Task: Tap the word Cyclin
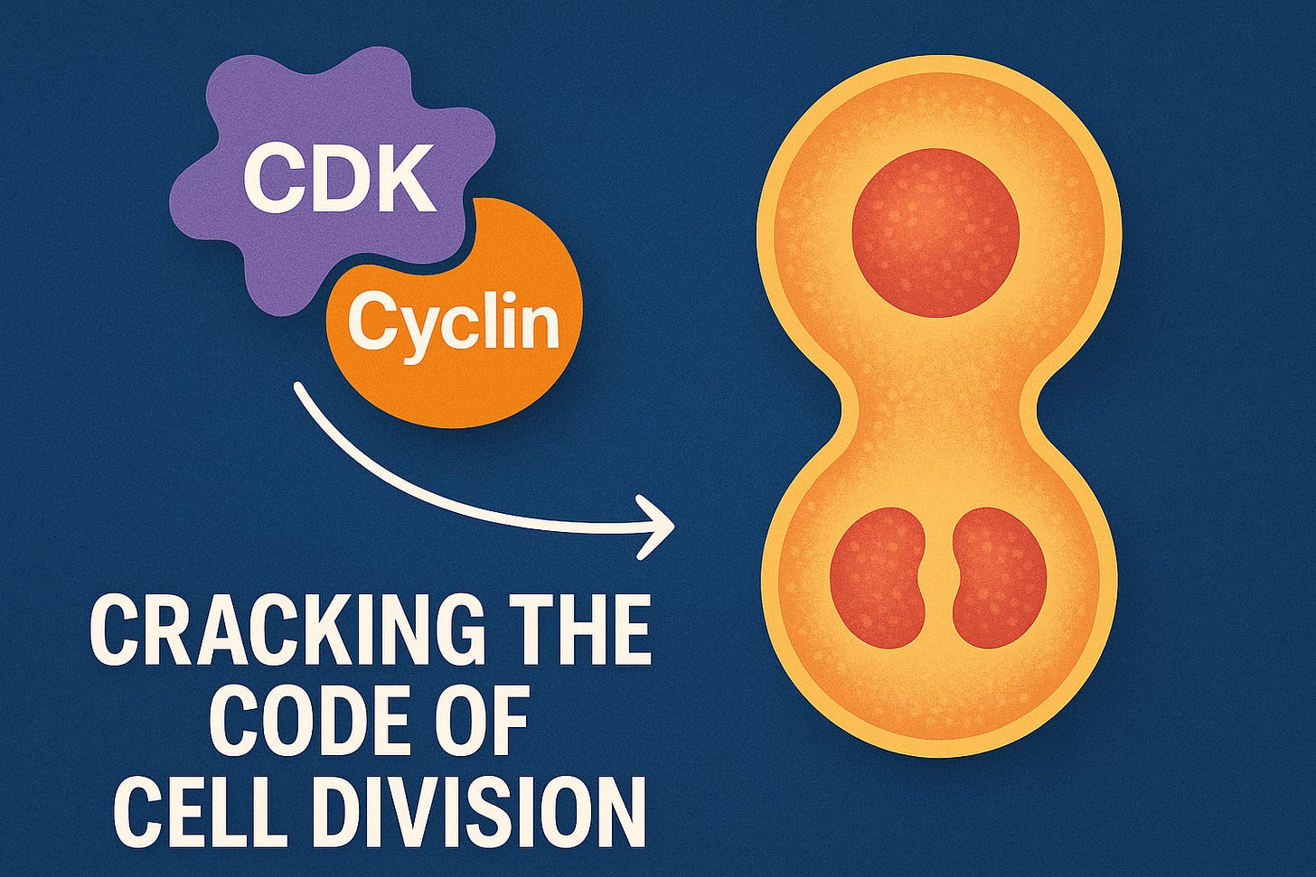pos(454,322)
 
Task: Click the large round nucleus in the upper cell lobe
pos(935,233)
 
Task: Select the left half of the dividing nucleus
pos(879,577)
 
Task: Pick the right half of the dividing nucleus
pos(999,577)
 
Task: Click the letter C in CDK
pos(271,180)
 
